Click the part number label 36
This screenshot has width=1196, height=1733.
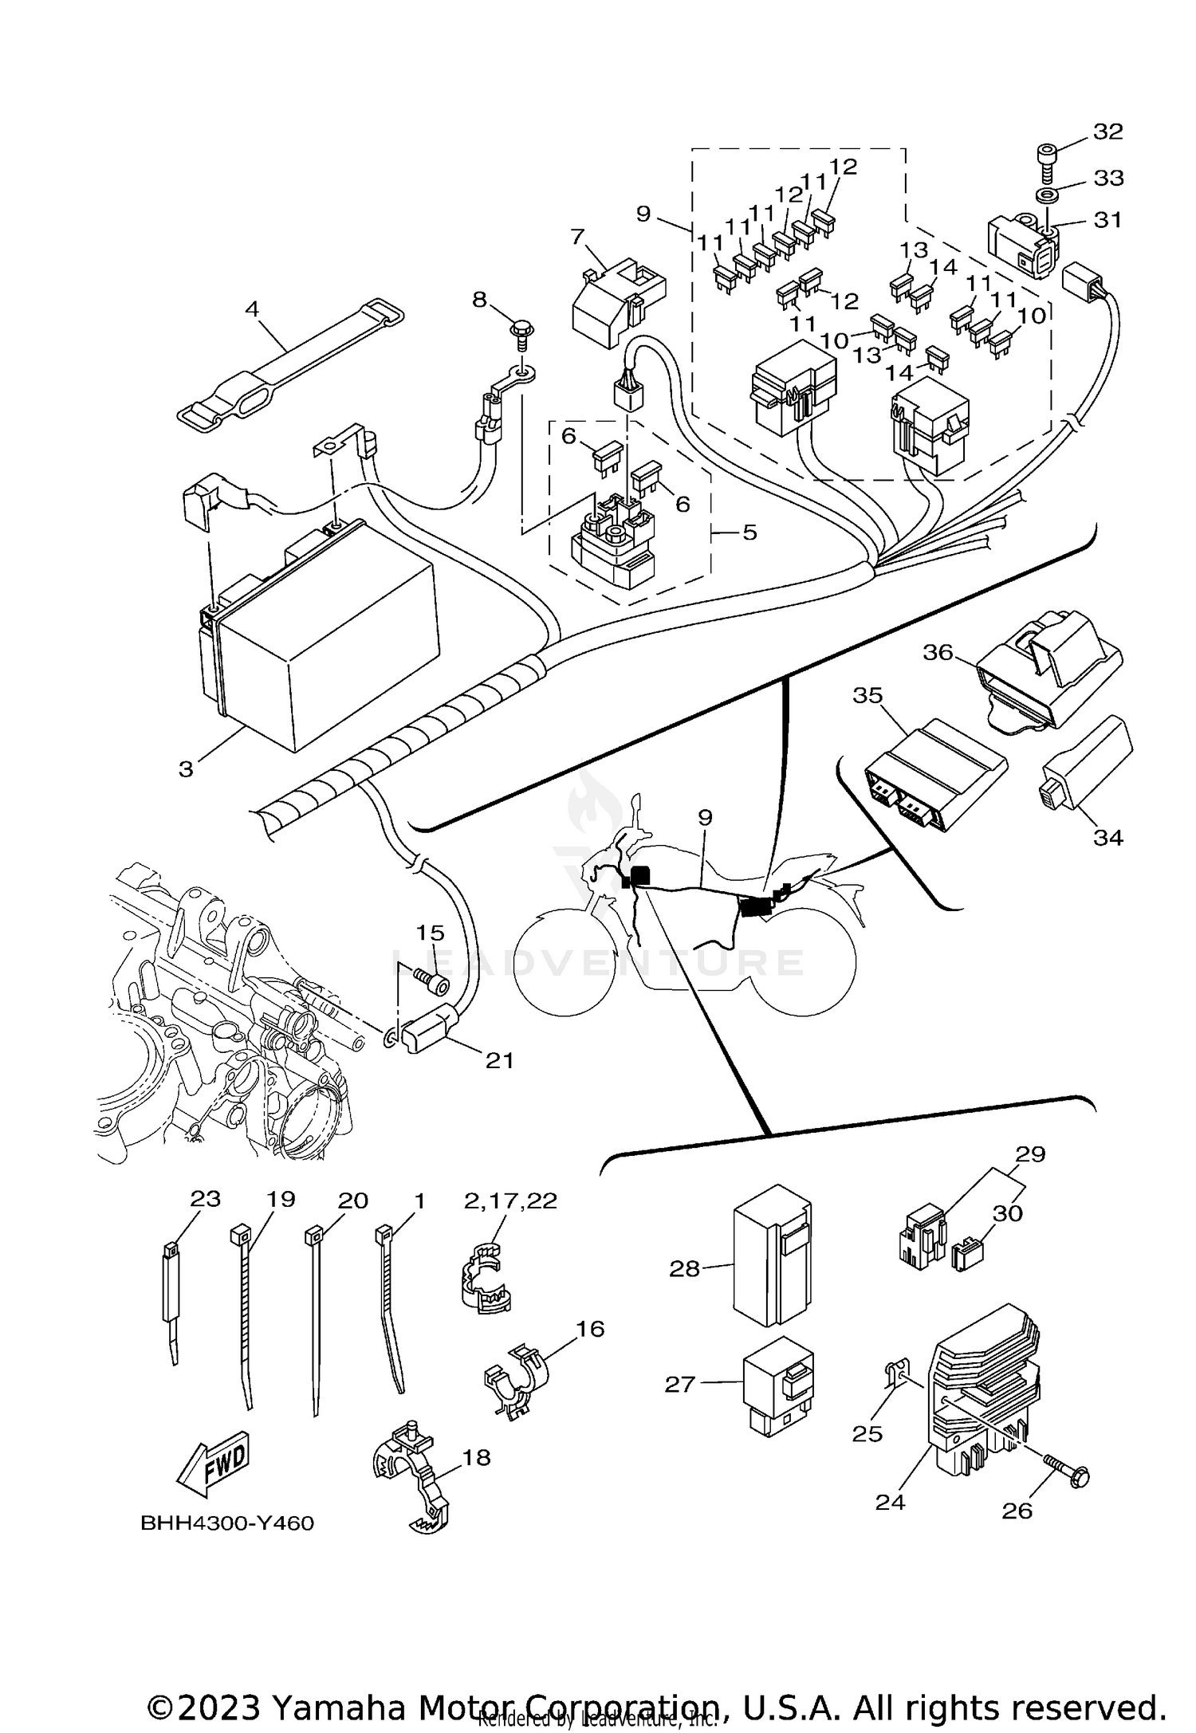938,652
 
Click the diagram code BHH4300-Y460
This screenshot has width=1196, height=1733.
227,1524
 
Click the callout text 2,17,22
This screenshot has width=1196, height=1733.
510,1201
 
